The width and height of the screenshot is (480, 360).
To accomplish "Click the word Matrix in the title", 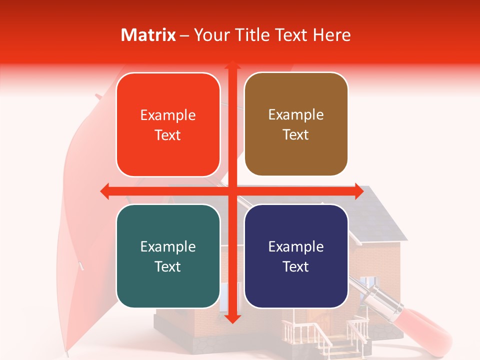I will [x=148, y=35].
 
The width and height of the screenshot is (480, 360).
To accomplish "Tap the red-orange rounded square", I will [x=168, y=124].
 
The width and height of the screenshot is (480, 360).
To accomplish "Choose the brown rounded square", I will [x=296, y=124].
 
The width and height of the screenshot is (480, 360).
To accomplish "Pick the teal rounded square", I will [x=168, y=256].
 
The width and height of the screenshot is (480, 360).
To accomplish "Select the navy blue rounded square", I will [x=296, y=256].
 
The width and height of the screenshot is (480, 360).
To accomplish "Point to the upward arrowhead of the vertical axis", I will [x=232, y=66].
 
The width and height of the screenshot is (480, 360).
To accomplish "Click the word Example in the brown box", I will [x=296, y=115].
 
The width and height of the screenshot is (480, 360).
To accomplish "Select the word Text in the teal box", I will [x=167, y=266].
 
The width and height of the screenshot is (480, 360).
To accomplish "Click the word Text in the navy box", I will [x=295, y=266].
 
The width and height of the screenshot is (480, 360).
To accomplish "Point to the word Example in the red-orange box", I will [x=168, y=115].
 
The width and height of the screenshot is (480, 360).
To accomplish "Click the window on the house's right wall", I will [x=370, y=285].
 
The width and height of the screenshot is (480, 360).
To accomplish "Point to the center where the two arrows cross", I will [x=232, y=190].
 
